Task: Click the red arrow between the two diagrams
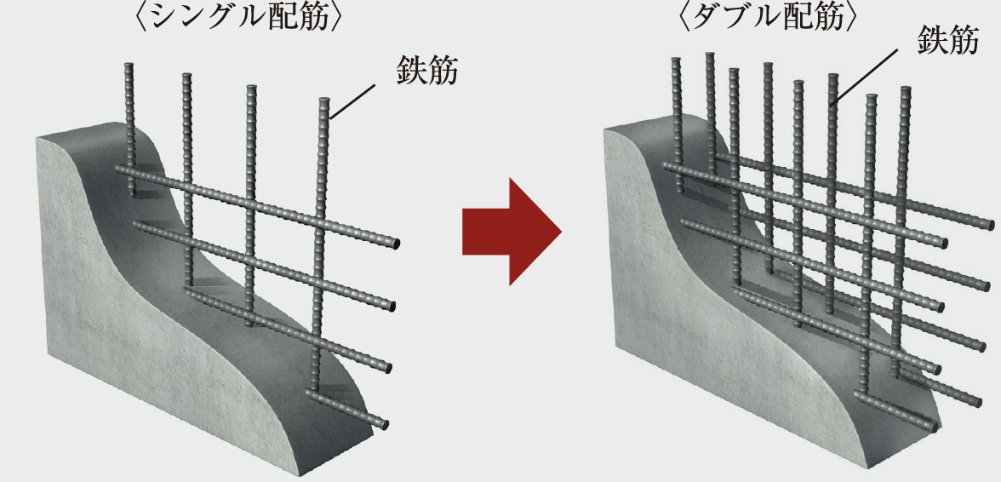click(512, 231)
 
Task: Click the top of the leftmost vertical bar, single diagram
click(129, 66)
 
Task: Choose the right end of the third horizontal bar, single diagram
click(386, 368)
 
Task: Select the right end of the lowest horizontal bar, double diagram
click(933, 426)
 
